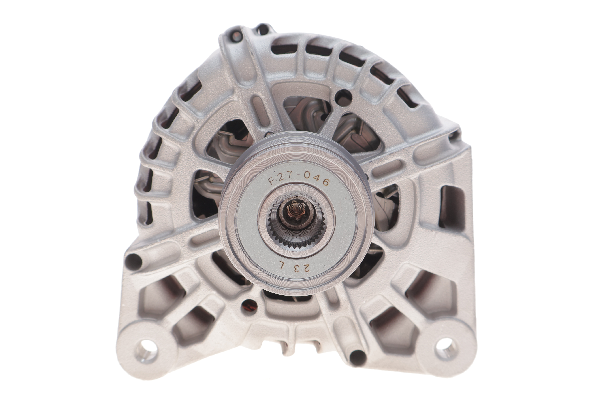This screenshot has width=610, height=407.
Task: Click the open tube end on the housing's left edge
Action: coord(133,261)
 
